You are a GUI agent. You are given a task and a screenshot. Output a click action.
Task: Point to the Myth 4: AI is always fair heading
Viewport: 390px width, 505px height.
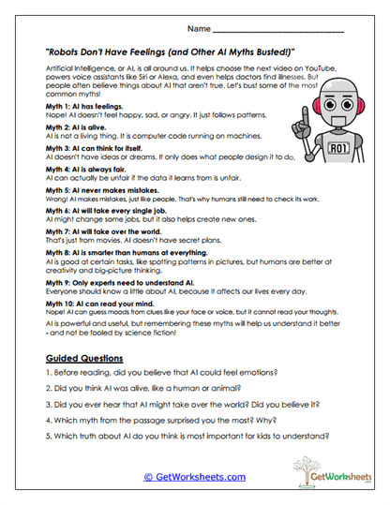click(88, 171)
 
